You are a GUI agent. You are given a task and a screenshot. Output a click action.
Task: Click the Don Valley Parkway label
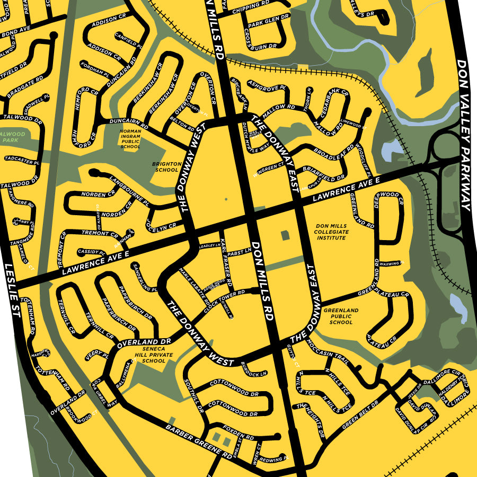tap(464, 135)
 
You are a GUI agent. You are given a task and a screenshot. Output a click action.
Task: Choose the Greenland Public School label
tap(341, 316)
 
